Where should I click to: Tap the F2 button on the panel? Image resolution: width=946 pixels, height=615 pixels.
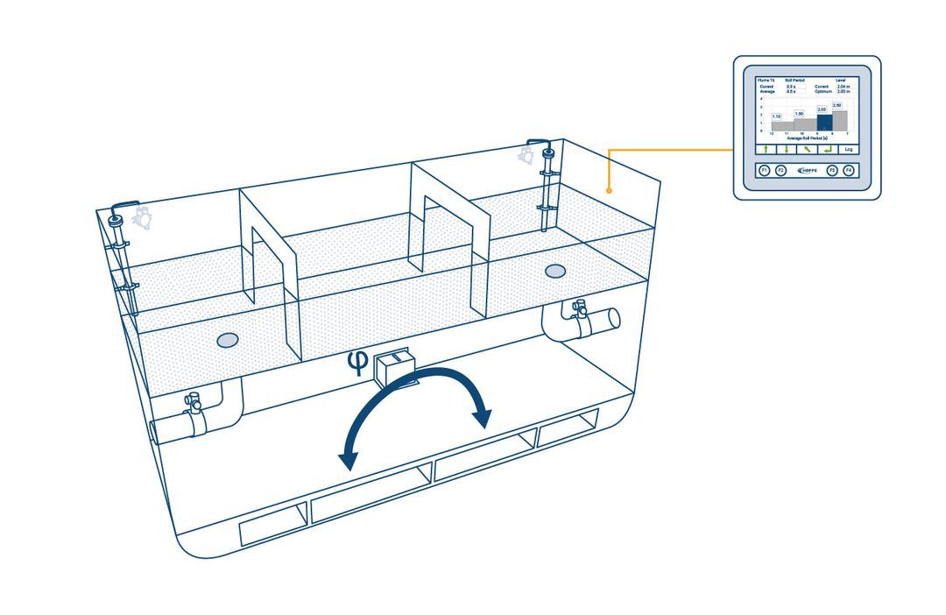coord(780,170)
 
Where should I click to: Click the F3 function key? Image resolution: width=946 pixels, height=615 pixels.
coord(832,170)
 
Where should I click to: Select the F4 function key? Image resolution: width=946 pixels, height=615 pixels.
coord(848,170)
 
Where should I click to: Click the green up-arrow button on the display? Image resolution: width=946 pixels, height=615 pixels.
coord(764,149)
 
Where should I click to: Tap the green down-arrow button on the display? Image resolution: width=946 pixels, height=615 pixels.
coord(785,149)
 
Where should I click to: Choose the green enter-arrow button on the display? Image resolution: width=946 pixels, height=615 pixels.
coord(827,149)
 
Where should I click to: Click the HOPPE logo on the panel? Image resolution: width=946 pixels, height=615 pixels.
coord(806,170)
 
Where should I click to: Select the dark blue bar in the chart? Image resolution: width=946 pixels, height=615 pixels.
coord(824,122)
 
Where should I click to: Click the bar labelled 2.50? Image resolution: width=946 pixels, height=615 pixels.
coord(839,120)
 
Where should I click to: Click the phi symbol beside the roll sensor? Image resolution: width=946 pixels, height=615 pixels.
coord(356,361)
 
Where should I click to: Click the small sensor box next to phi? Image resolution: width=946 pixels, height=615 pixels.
coord(391,367)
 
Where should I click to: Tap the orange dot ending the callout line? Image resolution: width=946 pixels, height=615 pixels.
coord(609,189)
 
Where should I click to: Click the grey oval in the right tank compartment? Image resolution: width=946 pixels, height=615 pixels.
coord(554,271)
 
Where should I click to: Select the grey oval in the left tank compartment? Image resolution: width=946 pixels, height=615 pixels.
coord(227,339)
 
